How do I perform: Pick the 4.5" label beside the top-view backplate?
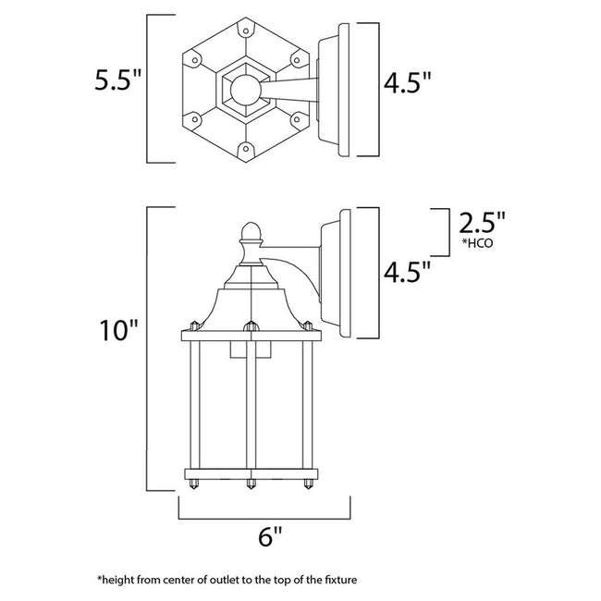pyautogui.click(x=408, y=85)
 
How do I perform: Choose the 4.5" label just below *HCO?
pyautogui.click(x=408, y=274)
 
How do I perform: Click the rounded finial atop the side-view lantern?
pyautogui.click(x=250, y=231)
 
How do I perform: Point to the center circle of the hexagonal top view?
pyautogui.click(x=247, y=90)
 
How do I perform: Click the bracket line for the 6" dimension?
pyautogui.click(x=264, y=512)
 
